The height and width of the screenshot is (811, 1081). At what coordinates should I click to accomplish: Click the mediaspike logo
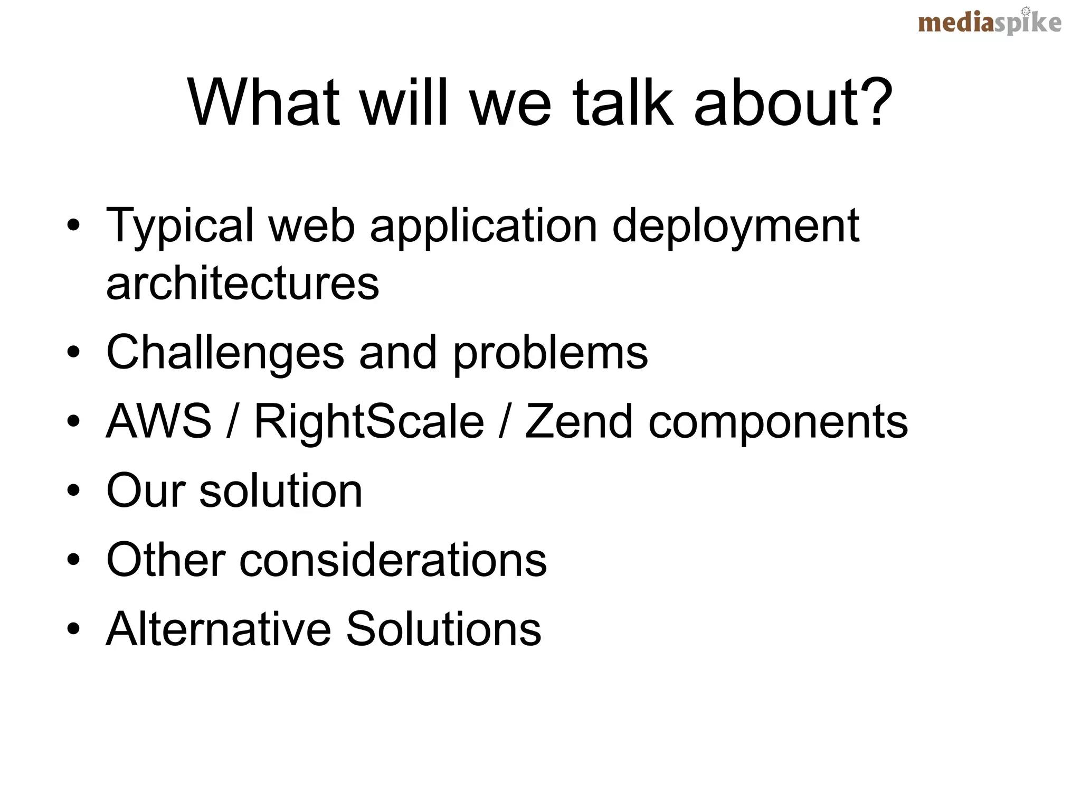point(989,23)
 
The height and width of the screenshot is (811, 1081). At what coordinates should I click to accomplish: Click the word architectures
point(242,284)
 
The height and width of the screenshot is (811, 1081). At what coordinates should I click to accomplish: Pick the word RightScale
point(369,422)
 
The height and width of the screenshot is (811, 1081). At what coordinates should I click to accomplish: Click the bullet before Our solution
point(73,492)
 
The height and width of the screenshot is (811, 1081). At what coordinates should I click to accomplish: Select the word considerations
point(393,560)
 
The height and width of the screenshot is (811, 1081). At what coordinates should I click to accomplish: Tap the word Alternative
point(217,628)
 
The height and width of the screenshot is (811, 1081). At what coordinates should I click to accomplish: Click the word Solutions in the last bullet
point(443,628)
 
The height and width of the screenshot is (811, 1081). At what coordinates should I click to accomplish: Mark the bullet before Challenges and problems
point(73,353)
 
